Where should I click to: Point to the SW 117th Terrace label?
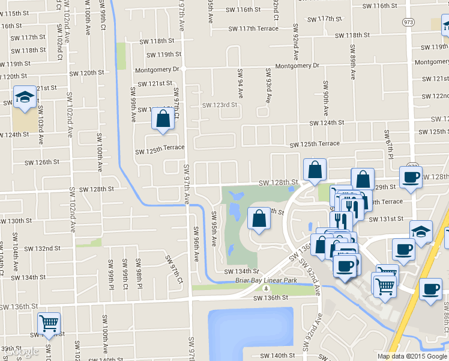(x=253, y=29)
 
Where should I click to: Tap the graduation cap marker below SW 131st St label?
(x=421, y=232)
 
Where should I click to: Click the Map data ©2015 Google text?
(x=412, y=356)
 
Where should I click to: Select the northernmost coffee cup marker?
(x=411, y=177)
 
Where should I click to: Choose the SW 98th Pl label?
(x=138, y=273)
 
